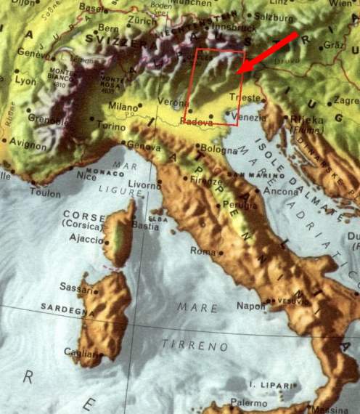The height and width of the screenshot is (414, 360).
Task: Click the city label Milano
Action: (x=121, y=105)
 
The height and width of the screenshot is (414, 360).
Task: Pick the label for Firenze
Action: (x=204, y=180)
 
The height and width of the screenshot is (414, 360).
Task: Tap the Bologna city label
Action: (x=218, y=148)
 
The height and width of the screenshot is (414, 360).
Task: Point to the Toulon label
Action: (x=46, y=194)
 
